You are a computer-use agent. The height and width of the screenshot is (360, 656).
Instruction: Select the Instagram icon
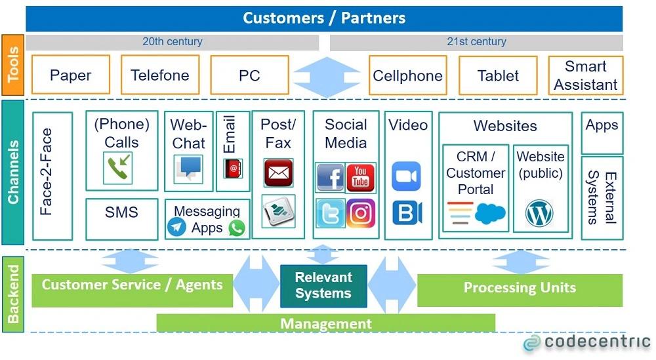point(360,213)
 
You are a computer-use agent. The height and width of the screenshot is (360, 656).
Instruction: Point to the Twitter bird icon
point(330,213)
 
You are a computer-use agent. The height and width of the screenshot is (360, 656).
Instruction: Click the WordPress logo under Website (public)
point(539,213)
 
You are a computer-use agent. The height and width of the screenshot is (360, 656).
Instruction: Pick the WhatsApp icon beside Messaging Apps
point(236,228)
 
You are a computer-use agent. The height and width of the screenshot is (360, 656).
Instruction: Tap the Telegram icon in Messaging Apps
point(176,228)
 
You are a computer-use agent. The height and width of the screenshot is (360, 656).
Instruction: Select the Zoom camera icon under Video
point(406,176)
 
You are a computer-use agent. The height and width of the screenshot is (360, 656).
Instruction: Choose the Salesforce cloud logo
point(490,214)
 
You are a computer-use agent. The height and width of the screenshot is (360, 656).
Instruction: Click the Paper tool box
point(71,75)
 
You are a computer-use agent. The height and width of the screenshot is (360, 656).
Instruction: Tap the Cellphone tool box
point(407,75)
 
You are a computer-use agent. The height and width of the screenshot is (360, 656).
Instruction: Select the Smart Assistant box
point(585,75)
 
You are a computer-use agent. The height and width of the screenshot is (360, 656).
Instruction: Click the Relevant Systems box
point(323,286)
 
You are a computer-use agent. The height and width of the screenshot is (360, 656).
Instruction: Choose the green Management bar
point(325,323)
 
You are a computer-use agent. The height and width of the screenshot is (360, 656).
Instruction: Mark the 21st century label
point(476,42)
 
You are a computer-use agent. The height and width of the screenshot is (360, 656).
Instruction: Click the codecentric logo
point(586,342)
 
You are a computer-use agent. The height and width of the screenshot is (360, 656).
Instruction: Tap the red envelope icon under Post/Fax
point(278,173)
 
